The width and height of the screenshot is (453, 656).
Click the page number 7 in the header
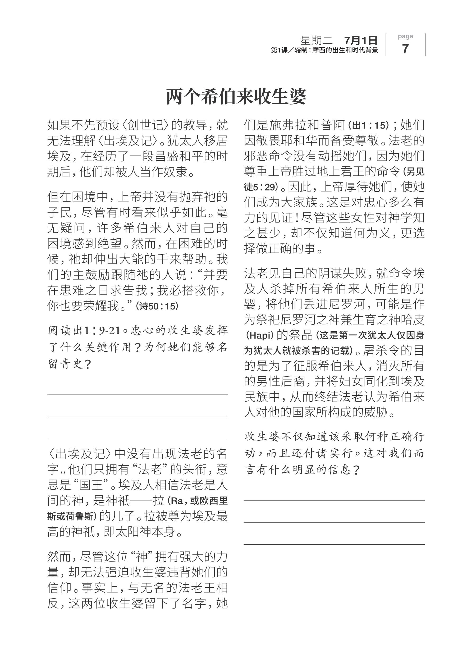pos(405,49)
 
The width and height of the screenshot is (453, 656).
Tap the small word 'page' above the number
pos(405,36)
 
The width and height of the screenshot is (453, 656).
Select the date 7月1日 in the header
pos(361,40)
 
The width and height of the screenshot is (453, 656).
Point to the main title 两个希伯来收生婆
pos(236,97)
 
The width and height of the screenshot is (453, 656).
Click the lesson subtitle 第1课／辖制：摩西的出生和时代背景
pos(325,51)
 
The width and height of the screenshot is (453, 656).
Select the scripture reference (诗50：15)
pos(157,306)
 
